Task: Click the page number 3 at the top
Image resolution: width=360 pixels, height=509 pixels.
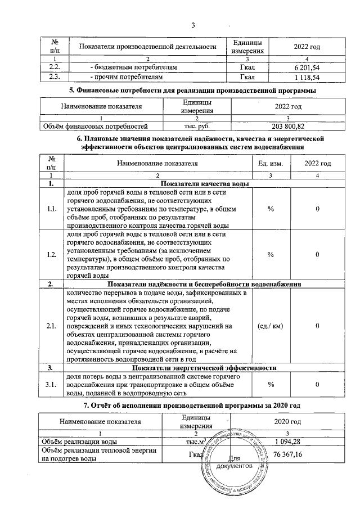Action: tap(193, 25)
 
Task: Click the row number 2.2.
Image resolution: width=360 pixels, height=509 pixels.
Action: tap(55, 67)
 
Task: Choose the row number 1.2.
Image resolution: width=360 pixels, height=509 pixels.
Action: tap(52, 255)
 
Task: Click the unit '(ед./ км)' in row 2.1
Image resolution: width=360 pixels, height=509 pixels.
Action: tap(271, 326)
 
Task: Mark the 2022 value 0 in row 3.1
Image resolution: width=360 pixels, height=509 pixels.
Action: tap(317, 384)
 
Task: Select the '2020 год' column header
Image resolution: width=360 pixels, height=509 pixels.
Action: tap(288, 421)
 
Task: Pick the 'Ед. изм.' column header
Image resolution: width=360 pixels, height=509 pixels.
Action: tap(271, 163)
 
